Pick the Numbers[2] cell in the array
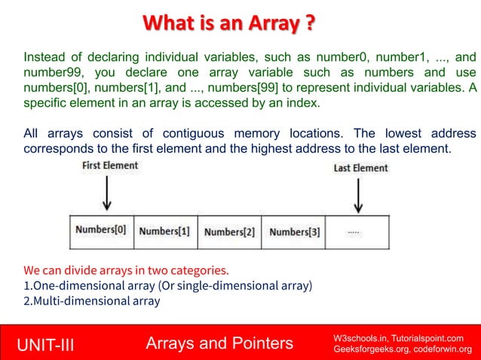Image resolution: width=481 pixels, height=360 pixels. click(229, 232)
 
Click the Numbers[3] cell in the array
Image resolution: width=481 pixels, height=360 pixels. click(294, 232)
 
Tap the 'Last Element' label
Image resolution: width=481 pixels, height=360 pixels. click(360, 168)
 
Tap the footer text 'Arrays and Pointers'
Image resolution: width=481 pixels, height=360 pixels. click(219, 344)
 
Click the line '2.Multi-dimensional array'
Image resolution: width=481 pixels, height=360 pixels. click(92, 301)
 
